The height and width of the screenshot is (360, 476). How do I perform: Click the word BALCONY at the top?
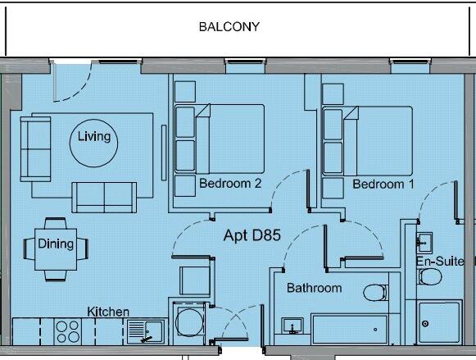[229, 26]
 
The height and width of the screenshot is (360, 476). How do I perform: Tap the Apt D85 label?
[252, 236]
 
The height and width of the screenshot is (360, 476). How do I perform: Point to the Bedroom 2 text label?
[230, 185]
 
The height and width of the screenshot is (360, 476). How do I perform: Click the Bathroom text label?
[314, 288]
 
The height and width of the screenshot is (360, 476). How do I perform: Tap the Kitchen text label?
[108, 312]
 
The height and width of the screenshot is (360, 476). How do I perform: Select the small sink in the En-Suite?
[424, 242]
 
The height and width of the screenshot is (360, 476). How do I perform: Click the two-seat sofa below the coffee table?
[105, 197]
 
